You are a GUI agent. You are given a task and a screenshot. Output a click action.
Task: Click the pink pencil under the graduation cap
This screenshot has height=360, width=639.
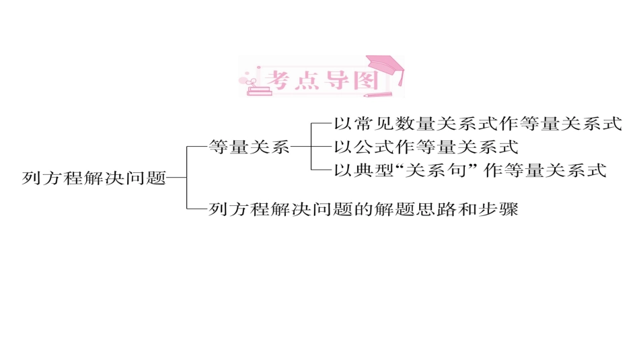[x=378, y=94]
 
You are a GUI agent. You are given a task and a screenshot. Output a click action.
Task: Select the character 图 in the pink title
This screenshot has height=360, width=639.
[x=365, y=79]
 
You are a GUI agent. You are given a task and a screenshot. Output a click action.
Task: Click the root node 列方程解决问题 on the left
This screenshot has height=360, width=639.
[x=93, y=178]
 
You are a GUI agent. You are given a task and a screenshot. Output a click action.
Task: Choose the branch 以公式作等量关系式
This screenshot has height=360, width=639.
[x=426, y=146]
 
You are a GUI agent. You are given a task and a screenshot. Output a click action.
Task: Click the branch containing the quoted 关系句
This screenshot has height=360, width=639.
[x=470, y=170]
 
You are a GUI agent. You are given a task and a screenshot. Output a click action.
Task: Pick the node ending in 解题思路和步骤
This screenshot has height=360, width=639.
[x=363, y=209]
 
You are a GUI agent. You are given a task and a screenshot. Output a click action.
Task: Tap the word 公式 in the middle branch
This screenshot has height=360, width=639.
[x=375, y=146]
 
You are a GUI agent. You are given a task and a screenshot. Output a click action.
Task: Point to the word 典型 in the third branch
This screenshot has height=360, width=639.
[x=375, y=170]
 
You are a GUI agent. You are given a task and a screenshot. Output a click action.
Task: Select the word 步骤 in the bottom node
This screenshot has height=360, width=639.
[x=498, y=209]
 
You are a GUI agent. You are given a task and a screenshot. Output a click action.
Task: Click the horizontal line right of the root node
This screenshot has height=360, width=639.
[x=176, y=178]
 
